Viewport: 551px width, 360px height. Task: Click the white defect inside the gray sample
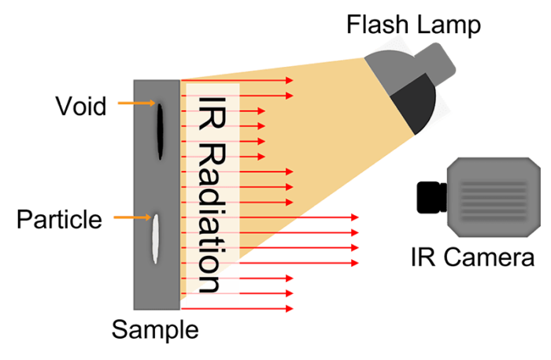pos(157,240)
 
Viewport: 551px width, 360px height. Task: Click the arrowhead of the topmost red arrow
pos(290,80)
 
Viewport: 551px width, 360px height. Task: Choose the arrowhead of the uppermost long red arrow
pos(355,217)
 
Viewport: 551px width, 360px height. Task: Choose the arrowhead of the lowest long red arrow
pos(355,262)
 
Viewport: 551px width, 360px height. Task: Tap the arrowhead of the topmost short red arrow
pos(262,111)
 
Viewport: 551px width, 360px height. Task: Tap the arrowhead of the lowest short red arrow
pos(262,157)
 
